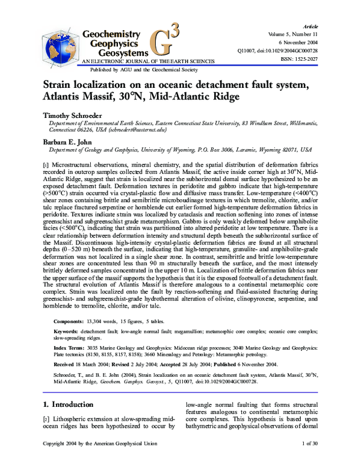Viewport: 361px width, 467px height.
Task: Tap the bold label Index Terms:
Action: tap(69, 348)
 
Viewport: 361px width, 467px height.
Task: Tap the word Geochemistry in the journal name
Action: tap(112, 34)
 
